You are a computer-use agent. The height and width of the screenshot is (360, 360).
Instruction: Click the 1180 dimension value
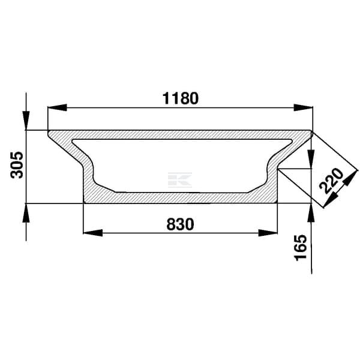pyautogui.click(x=181, y=98)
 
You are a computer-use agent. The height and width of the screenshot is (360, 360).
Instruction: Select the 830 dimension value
pyautogui.click(x=180, y=224)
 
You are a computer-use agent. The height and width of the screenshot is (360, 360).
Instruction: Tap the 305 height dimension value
pyautogui.click(x=17, y=165)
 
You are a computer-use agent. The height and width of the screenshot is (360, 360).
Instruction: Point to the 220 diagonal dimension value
pyautogui.click(x=331, y=181)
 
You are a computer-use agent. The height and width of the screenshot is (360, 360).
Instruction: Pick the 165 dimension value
pyautogui.click(x=301, y=247)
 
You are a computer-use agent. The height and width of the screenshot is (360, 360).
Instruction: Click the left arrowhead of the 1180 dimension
pyautogui.click(x=57, y=107)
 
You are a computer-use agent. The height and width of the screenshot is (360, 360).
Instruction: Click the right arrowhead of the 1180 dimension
pyautogui.click(x=303, y=107)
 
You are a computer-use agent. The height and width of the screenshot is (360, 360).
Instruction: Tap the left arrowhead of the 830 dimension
pyautogui.click(x=93, y=233)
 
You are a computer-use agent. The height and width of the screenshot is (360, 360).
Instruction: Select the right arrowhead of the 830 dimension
pyautogui.click(x=268, y=233)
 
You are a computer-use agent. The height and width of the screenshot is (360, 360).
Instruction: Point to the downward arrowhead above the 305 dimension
pyautogui.click(x=26, y=121)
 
